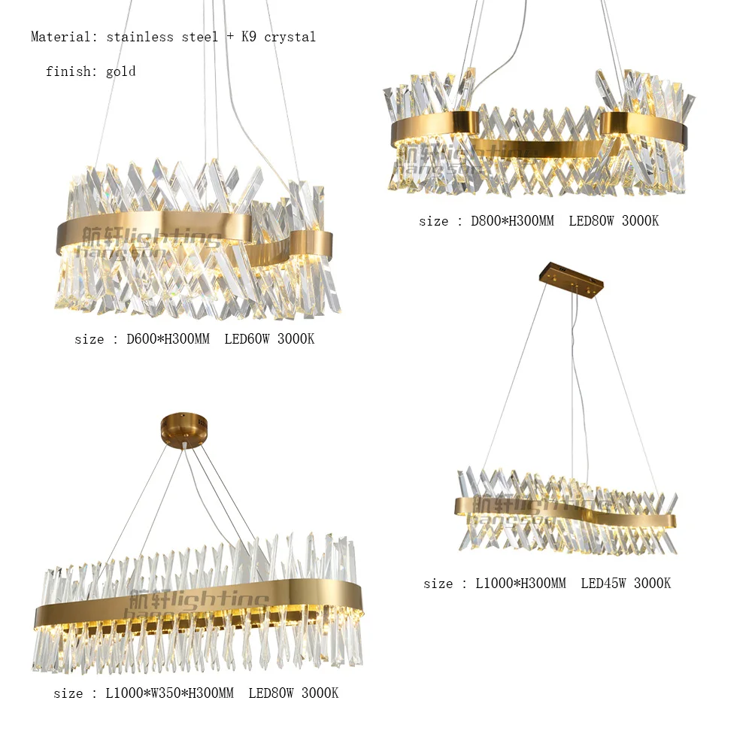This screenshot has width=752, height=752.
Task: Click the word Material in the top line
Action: pyautogui.click(x=60, y=37)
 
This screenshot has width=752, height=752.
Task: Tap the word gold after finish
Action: pyautogui.click(x=120, y=72)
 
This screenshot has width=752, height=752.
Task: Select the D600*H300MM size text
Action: pyautogui.click(x=168, y=339)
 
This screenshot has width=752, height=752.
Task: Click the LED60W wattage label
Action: pyautogui.click(x=247, y=339)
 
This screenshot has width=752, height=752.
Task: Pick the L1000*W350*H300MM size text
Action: pyautogui.click(x=169, y=693)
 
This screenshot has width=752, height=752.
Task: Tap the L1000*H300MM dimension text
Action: pyautogui.click(x=520, y=583)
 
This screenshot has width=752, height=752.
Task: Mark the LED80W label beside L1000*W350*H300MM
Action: pyautogui.click(x=271, y=693)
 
